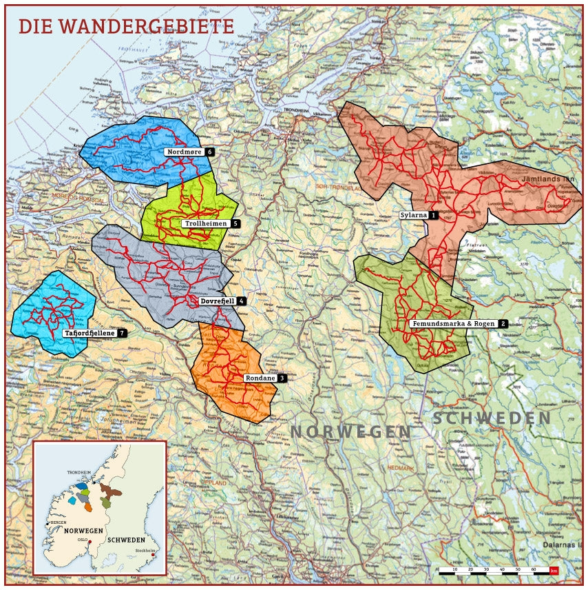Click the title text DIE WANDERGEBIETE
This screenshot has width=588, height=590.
click(x=126, y=26)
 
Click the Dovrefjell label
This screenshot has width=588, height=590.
click(x=217, y=301)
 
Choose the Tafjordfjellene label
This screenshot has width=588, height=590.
click(x=90, y=333)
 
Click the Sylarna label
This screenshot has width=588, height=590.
click(x=414, y=215)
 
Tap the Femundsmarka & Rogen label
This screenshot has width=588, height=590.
click(x=454, y=323)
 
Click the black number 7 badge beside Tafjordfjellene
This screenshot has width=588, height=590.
click(x=123, y=333)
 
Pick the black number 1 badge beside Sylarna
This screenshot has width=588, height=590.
click(x=434, y=215)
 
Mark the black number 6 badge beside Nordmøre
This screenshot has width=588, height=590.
click(x=209, y=151)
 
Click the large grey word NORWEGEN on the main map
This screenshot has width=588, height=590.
click(x=350, y=432)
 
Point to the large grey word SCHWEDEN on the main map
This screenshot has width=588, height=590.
click(x=492, y=418)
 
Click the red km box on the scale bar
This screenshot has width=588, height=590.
click(x=554, y=571)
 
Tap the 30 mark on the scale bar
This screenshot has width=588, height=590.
click(x=487, y=570)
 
